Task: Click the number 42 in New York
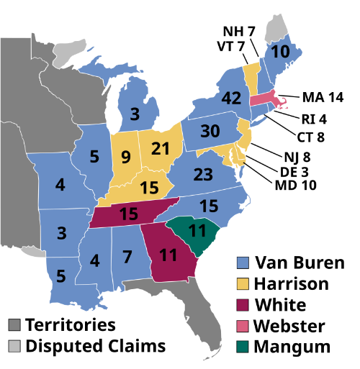(x=232, y=99)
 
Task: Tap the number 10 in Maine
(x=281, y=52)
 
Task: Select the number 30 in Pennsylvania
(x=210, y=132)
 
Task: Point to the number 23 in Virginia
(x=204, y=175)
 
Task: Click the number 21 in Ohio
(x=161, y=149)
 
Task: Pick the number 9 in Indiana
(x=126, y=155)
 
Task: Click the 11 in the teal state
(x=197, y=231)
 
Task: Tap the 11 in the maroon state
(x=168, y=255)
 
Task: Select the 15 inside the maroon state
(x=129, y=214)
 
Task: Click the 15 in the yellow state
(x=149, y=188)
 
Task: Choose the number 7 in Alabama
(x=127, y=256)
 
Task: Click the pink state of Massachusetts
(x=264, y=99)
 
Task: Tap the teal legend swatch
(x=243, y=346)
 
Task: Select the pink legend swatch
(x=243, y=325)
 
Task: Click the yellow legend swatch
(x=243, y=283)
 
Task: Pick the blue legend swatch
(x=243, y=263)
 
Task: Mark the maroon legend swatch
(x=243, y=304)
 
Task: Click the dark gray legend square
(x=14, y=325)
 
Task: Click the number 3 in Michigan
(x=135, y=114)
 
